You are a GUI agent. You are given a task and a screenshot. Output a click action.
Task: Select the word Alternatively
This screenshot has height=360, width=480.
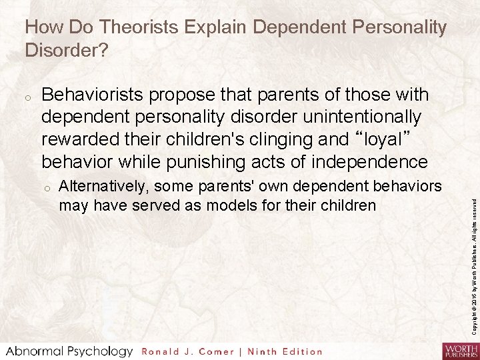pyautogui.click(x=103, y=184)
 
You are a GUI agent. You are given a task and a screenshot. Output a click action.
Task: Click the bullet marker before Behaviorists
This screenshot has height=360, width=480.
pyautogui.click(x=28, y=96)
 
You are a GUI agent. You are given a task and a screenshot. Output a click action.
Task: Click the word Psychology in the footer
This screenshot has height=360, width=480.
pyautogui.click(x=97, y=351)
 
